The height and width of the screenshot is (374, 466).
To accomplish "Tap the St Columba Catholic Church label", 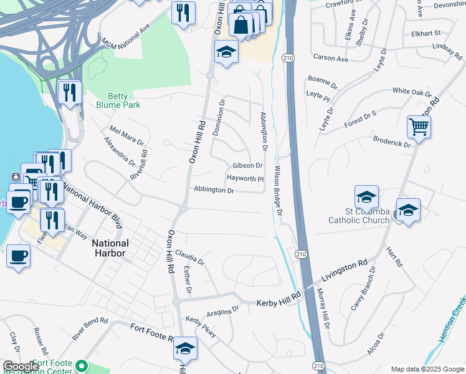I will point(359,216).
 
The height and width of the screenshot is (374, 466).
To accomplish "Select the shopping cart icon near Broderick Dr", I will point(419,128).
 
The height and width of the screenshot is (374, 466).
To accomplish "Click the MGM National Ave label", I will point(125,36).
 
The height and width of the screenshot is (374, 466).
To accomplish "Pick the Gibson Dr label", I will point(247,166).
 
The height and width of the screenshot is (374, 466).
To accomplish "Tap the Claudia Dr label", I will point(190,257).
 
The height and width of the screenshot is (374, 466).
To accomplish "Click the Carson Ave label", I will point(331,58).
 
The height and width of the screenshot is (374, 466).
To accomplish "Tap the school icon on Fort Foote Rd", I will point(185,349).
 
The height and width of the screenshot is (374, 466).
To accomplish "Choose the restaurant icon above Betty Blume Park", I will point(70,93).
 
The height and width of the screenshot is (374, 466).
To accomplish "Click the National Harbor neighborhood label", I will point(110,248).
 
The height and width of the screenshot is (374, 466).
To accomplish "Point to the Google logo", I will point(21,367).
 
